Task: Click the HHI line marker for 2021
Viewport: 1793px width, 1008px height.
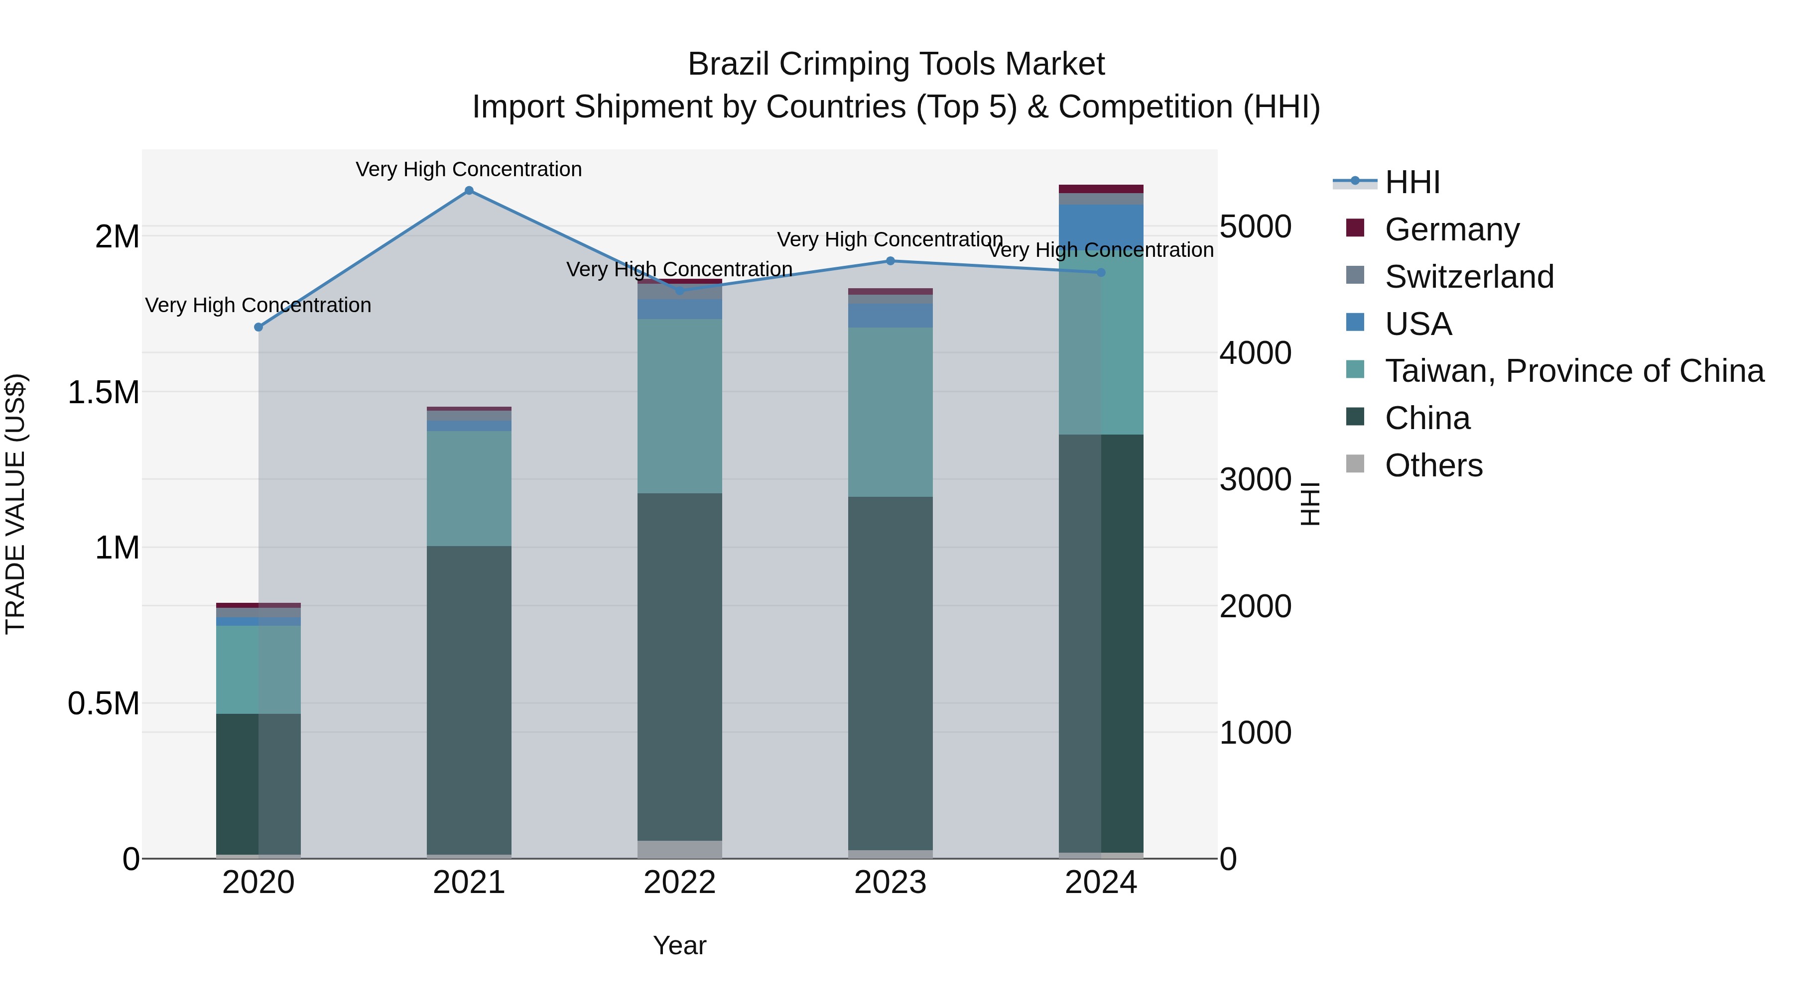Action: click(x=469, y=191)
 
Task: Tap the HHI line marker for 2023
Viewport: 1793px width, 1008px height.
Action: click(x=890, y=261)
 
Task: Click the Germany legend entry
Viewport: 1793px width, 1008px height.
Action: click(x=1452, y=229)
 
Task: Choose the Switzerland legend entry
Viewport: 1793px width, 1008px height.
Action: click(x=1469, y=277)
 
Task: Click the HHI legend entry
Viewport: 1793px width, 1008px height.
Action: click(x=1412, y=182)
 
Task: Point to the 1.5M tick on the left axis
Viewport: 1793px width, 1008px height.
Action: click(x=104, y=392)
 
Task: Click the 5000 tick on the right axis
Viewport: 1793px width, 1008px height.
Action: click(x=1255, y=227)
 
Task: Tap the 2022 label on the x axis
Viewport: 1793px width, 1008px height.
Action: click(x=679, y=883)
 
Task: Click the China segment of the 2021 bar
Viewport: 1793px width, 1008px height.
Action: click(x=469, y=699)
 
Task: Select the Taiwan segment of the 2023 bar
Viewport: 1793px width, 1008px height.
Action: click(x=890, y=412)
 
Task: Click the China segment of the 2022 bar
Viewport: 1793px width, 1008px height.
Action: click(x=679, y=667)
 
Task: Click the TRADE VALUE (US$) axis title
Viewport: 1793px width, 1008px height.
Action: click(x=16, y=504)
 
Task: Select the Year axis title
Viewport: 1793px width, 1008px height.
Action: click(x=679, y=945)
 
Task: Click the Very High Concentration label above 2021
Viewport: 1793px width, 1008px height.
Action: click(x=469, y=169)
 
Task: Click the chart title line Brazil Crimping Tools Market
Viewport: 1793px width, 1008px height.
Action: click(x=896, y=64)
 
